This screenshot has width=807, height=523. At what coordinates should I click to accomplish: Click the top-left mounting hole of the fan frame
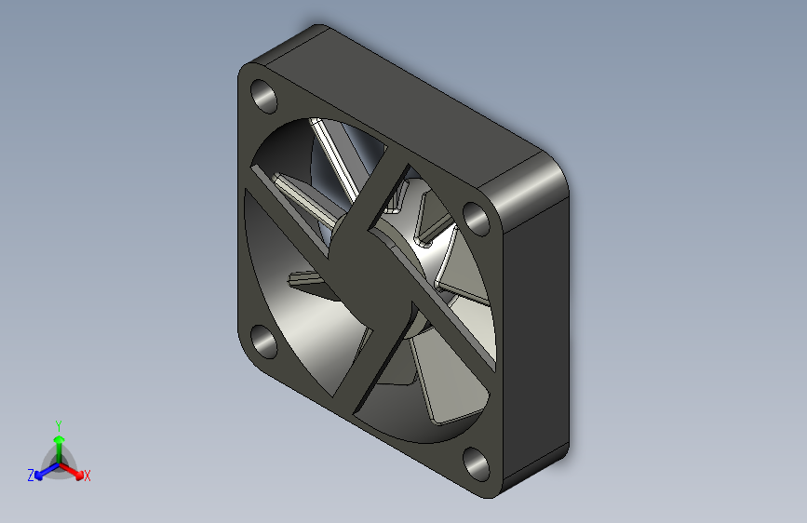[x=263, y=96]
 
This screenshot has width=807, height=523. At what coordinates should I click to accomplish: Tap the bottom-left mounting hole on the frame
[x=263, y=342]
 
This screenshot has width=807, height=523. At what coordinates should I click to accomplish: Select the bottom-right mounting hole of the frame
[x=476, y=464]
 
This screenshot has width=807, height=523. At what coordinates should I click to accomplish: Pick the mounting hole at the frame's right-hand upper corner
[x=476, y=219]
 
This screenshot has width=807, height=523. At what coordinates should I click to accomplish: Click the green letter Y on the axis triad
[x=59, y=426]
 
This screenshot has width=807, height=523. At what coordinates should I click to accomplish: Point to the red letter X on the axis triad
[x=87, y=476]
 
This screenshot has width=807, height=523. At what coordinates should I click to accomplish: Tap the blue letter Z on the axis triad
[x=31, y=476]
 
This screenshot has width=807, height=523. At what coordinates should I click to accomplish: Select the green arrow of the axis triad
[x=60, y=449]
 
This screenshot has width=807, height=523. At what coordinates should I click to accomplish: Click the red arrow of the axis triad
[x=71, y=471]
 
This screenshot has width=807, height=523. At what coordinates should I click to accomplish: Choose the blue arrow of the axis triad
[x=47, y=471]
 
